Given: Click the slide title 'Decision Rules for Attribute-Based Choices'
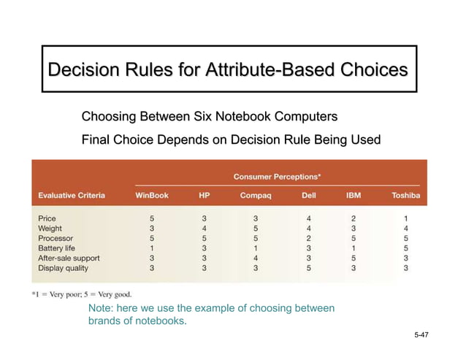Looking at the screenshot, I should point(228,70).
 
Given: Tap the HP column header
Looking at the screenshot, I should point(204,195).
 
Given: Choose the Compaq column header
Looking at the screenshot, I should point(256,195).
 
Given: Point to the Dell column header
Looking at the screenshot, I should point(309,195).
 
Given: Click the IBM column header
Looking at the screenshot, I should point(354,195).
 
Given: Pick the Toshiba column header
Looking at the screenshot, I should point(405,195).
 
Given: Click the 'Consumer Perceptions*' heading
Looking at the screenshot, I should point(278,177).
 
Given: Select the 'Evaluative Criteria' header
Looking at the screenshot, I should point(72,195).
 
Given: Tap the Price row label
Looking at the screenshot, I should point(47,218).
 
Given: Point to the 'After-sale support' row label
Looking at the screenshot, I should point(69,258).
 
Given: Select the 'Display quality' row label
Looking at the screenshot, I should point(63,268).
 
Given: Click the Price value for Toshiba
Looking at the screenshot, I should point(405,218).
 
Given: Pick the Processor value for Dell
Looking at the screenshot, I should point(309,238).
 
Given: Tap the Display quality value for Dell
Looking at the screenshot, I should point(309,268).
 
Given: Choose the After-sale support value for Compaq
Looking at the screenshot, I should point(256,258).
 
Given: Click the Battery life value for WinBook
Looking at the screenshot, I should point(152,248).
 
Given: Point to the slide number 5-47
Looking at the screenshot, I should point(421,334).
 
